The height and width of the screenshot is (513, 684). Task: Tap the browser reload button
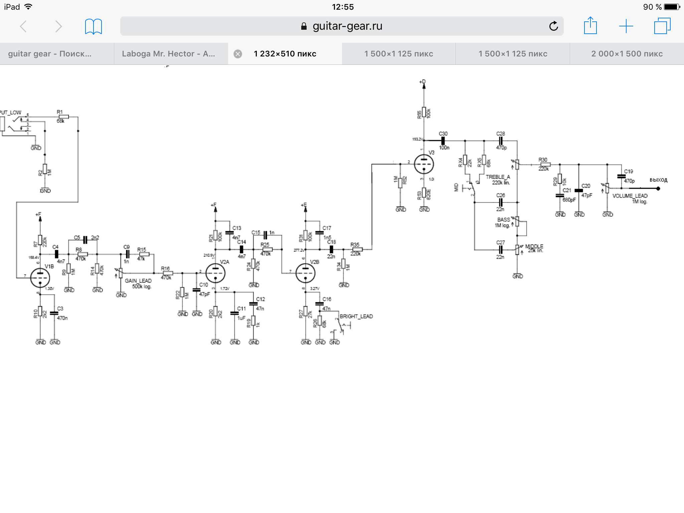pos(553,26)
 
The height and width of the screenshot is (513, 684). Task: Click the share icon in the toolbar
pos(590,26)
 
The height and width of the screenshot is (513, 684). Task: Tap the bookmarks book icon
pos(94,26)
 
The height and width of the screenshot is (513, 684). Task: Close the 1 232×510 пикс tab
pos(238,54)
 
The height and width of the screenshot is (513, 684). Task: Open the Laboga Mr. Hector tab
pos(168,54)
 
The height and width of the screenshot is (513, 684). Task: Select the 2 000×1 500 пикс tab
pos(627,54)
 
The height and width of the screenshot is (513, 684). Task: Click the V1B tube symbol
pos(40,278)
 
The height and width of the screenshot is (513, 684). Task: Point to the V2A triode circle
pos(215,273)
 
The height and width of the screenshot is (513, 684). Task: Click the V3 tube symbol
pos(424,164)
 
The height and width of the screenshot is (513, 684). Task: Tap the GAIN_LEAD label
pos(138,281)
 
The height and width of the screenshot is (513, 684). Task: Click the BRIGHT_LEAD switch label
pos(356,316)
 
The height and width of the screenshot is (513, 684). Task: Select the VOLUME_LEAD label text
pos(630,196)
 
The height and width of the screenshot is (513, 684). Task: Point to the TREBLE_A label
pos(498,177)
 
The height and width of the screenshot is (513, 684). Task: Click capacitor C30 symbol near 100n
pos(443,141)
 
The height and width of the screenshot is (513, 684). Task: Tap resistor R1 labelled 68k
pos(63,117)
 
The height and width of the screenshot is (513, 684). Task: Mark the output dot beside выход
pos(658,188)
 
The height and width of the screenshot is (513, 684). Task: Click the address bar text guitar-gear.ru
pos(347,26)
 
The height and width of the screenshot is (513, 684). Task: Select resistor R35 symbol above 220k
pos(357,249)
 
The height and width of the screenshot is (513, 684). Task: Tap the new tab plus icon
pos(626,26)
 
